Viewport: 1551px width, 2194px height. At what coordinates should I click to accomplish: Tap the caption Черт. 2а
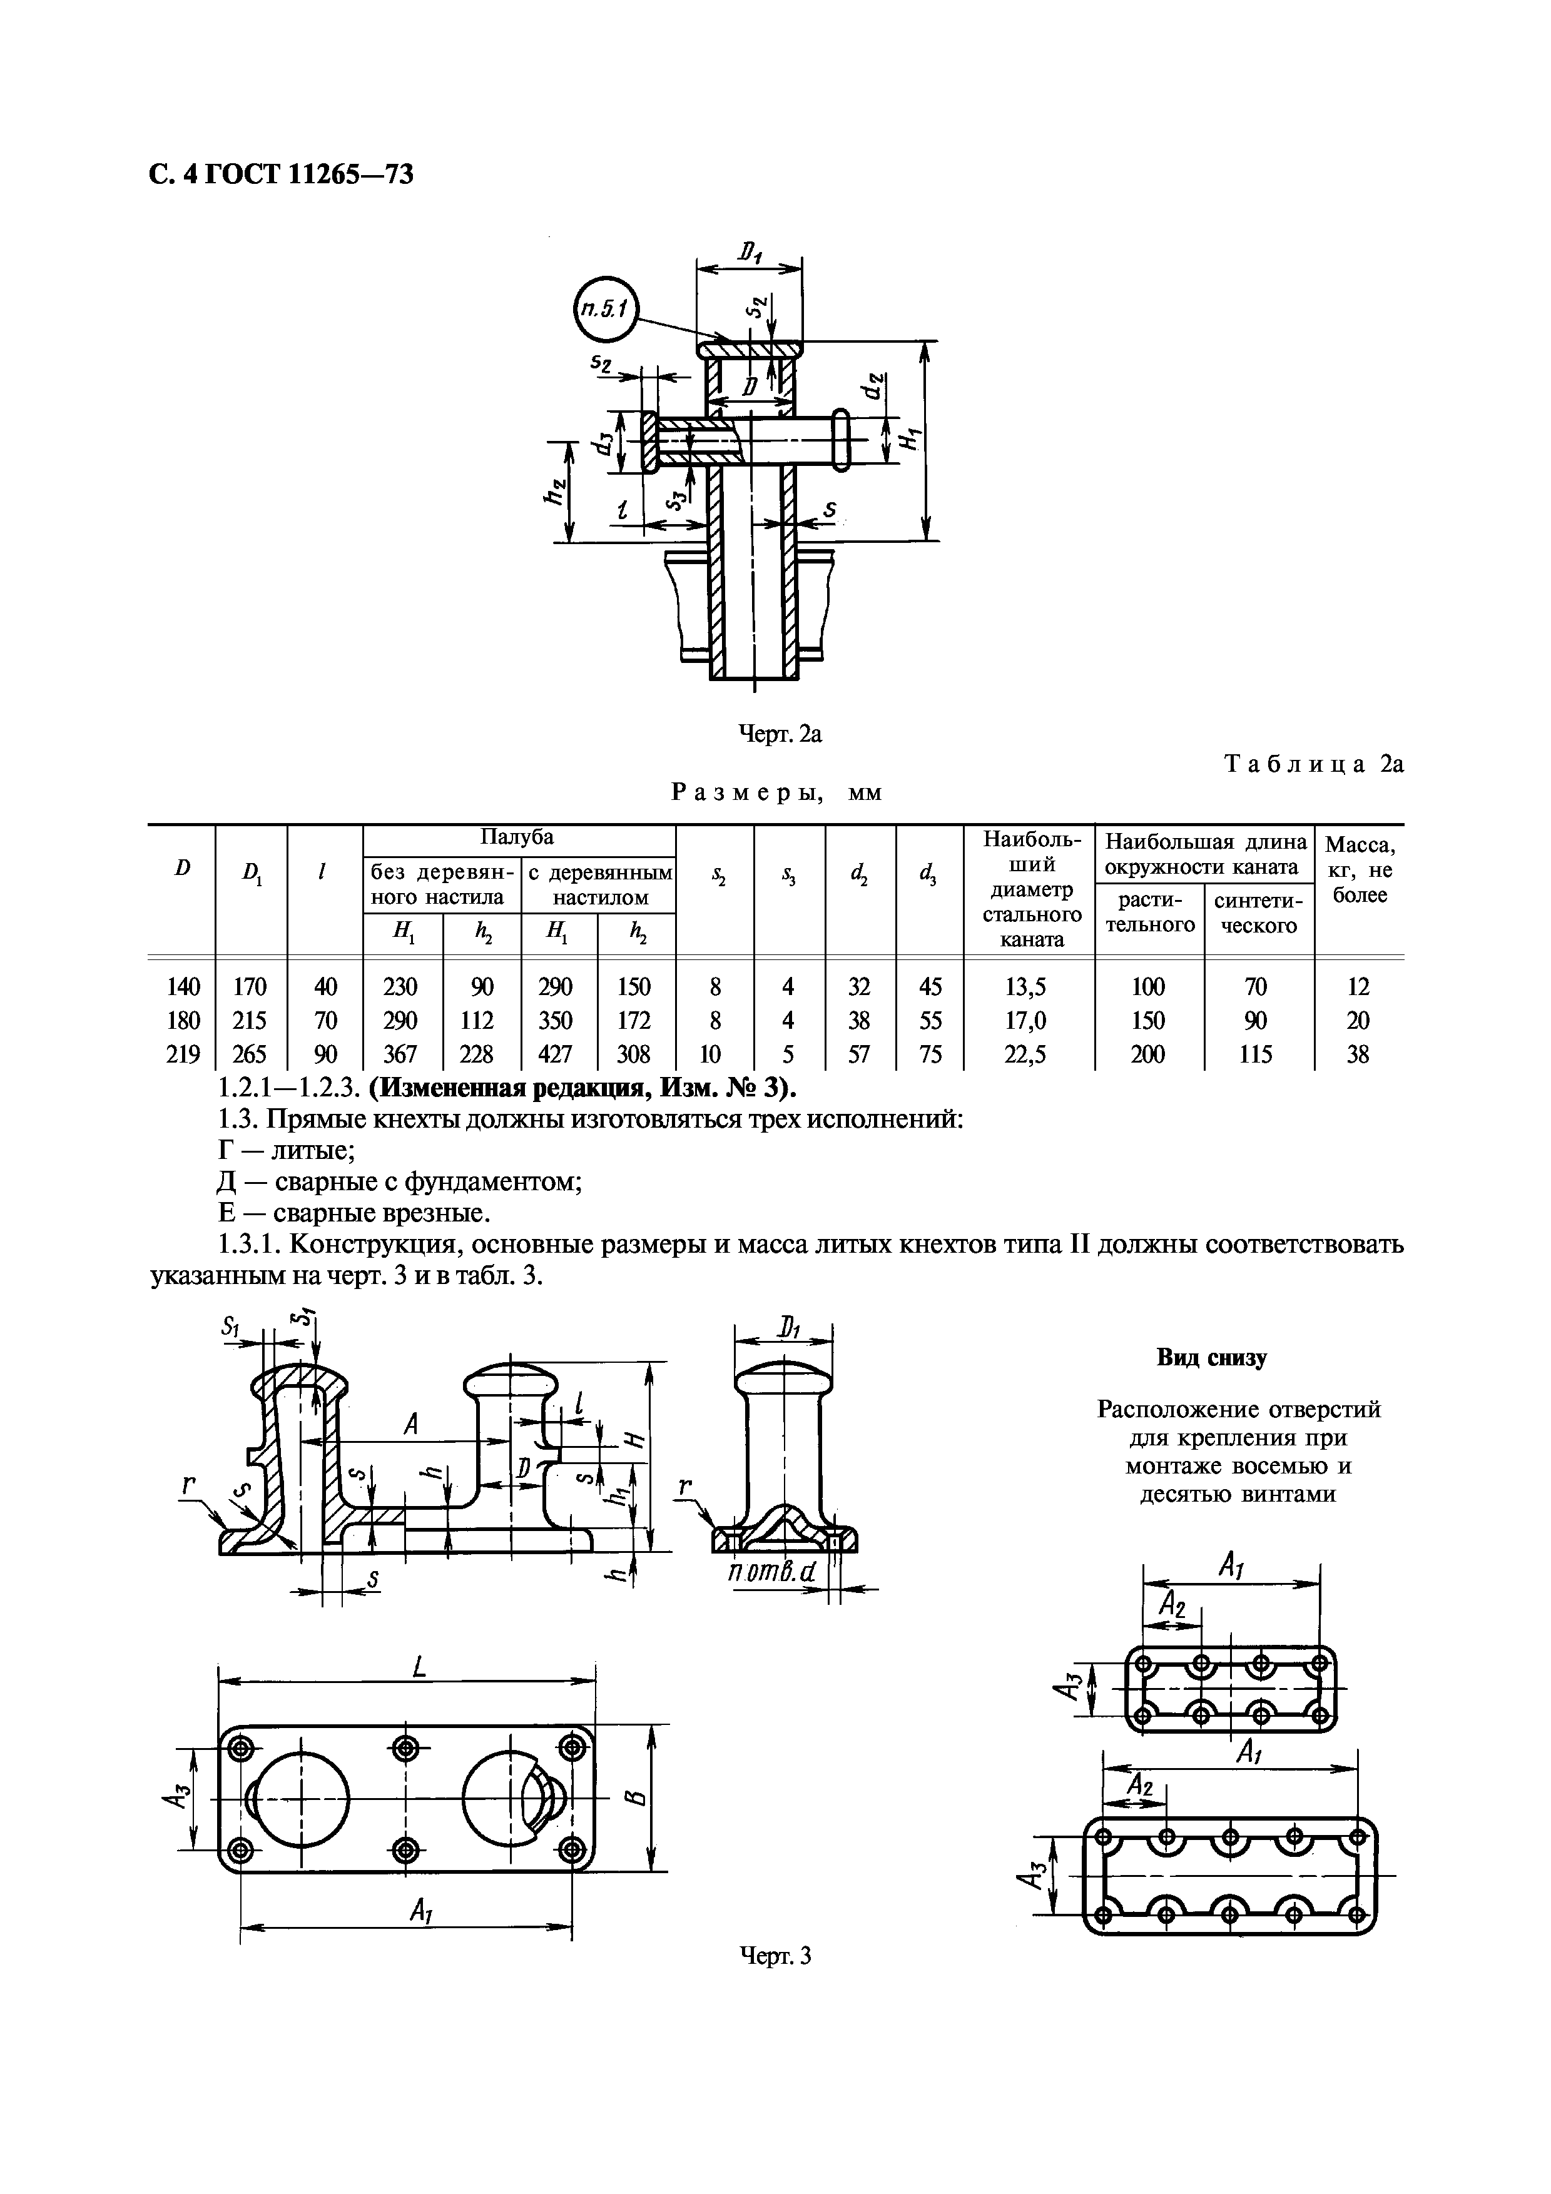click(x=781, y=734)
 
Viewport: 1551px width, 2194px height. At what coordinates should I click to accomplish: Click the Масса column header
click(x=1359, y=869)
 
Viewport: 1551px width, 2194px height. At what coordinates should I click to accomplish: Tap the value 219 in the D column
click(x=183, y=1054)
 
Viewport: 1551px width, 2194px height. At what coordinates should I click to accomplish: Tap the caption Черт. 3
click(x=776, y=1975)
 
